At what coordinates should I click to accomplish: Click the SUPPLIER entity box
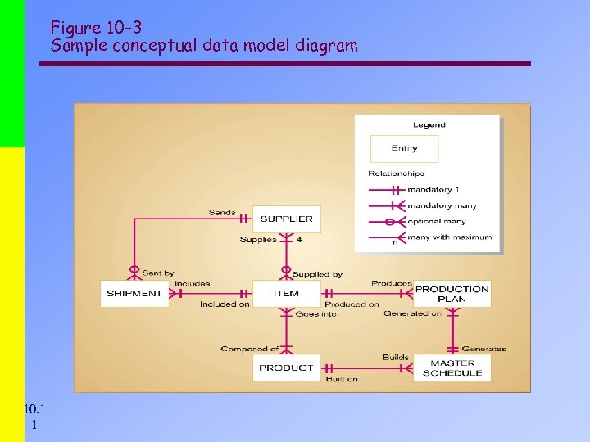point(286,219)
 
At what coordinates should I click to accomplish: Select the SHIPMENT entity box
point(134,294)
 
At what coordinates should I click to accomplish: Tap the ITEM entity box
point(286,294)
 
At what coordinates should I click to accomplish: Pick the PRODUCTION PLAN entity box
point(452,294)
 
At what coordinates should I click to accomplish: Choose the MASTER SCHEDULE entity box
point(452,368)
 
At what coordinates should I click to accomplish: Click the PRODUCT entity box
point(286,368)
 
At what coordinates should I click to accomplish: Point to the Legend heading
point(429,125)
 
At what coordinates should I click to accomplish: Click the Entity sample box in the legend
point(404,148)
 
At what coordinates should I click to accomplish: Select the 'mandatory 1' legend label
point(433,190)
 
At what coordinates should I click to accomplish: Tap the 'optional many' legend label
point(437,221)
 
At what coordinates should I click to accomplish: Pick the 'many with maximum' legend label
point(450,237)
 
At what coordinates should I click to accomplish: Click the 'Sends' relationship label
point(222,213)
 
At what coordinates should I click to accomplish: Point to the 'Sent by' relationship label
point(158,273)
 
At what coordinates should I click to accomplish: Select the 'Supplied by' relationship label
point(317,274)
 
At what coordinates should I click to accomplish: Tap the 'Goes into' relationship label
point(315,314)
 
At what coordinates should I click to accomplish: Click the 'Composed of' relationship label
point(250,349)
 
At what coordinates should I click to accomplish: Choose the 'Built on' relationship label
point(342,379)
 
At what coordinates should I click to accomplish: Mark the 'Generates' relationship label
point(483,349)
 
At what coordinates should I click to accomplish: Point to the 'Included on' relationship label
point(225,304)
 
